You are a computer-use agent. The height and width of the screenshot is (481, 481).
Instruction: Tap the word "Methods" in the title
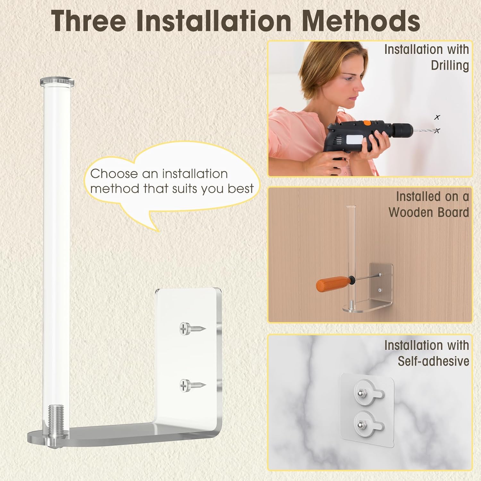click(361, 21)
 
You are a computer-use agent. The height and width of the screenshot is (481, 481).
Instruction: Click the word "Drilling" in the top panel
click(450, 65)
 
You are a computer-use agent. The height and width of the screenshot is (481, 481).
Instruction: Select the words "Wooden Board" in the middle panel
click(429, 212)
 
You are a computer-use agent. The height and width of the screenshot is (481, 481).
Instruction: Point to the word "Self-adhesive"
click(434, 361)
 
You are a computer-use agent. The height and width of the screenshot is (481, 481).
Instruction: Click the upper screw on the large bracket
click(192, 329)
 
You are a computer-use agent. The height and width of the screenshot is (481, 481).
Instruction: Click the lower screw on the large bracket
click(192, 385)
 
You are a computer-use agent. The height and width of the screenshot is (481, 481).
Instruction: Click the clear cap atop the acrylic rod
click(57, 81)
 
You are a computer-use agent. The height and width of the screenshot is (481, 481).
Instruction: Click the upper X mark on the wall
click(437, 117)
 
